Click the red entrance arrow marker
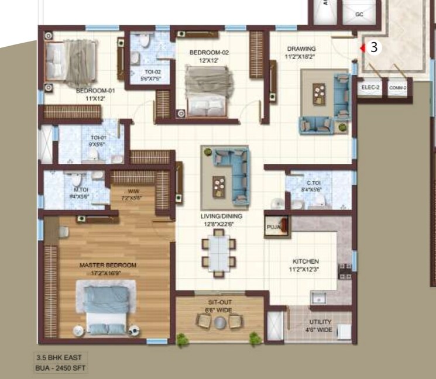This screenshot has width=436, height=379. [x=363, y=49]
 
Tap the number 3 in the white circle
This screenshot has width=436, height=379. [x=375, y=48]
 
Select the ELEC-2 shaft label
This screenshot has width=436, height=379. [x=370, y=88]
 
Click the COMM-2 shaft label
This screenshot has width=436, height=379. [x=398, y=88]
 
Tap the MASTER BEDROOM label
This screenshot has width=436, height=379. [x=108, y=266]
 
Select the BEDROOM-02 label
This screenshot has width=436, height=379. [x=209, y=53]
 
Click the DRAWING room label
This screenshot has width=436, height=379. [x=301, y=49]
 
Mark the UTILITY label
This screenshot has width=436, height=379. [x=320, y=322]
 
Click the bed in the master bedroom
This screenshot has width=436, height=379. [x=107, y=306]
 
